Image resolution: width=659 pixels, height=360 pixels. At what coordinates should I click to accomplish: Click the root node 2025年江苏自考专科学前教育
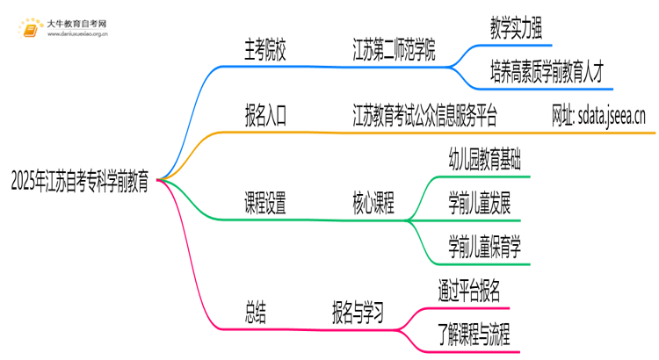78,183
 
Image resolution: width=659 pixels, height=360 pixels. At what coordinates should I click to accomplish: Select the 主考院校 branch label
264,50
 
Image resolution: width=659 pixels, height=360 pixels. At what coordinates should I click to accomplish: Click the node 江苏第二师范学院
395,50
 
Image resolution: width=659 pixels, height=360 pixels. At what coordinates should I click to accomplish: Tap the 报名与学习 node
361,312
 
